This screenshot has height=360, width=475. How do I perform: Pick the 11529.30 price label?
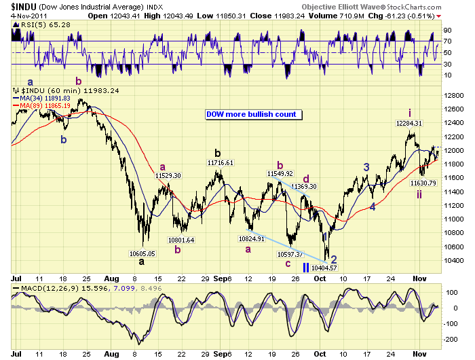168,175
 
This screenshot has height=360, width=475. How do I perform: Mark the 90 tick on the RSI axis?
447,31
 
